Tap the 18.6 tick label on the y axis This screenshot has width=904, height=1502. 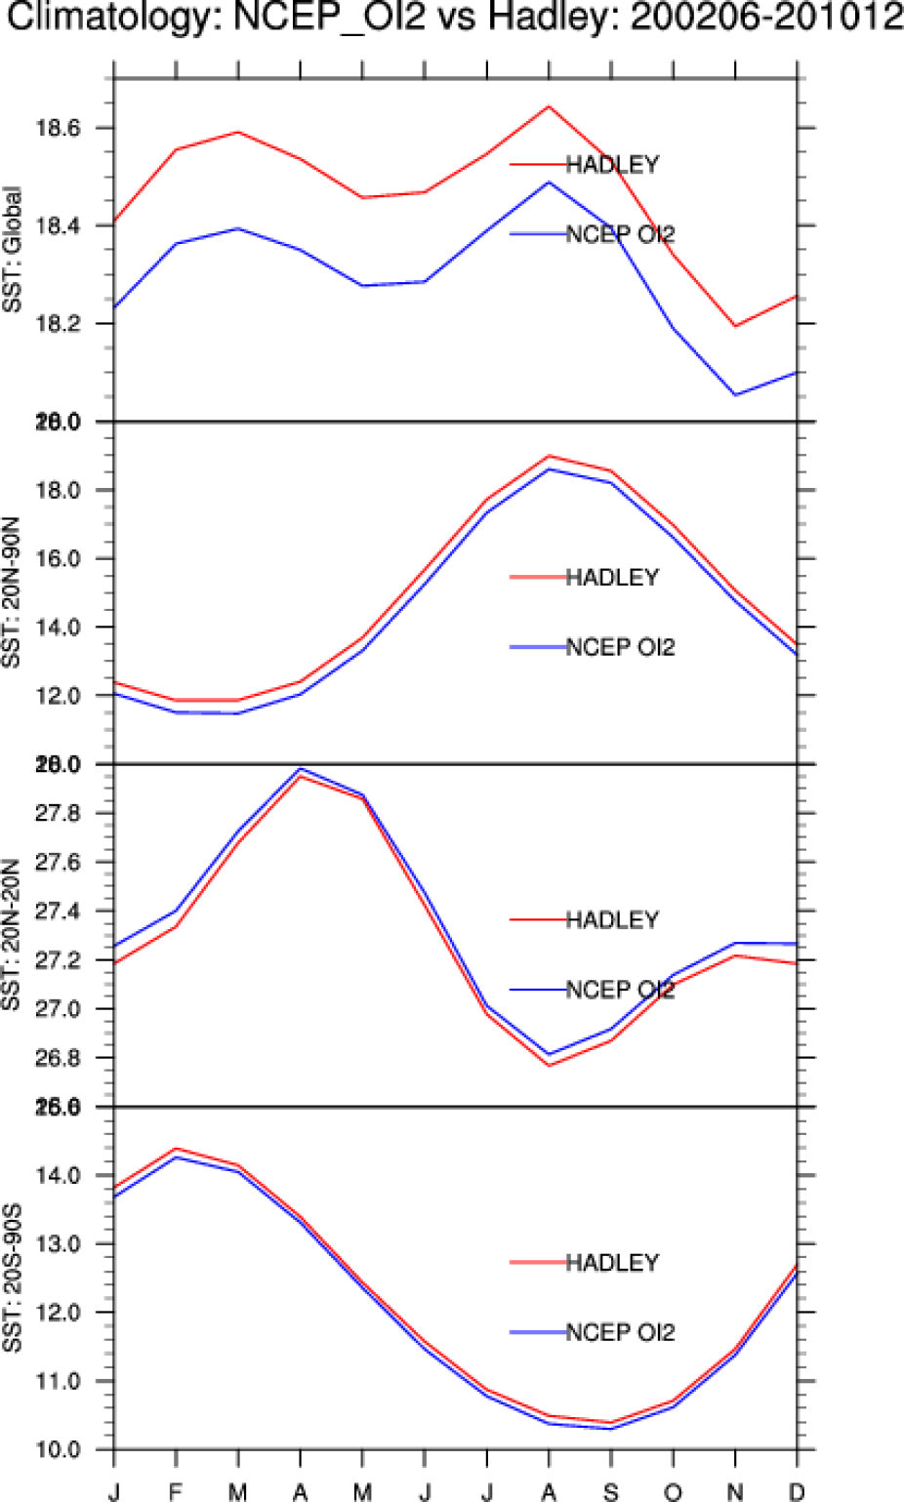pyautogui.click(x=58, y=128)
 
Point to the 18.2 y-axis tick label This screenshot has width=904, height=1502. pyautogui.click(x=58, y=324)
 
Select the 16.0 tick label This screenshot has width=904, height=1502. pyautogui.click(x=58, y=559)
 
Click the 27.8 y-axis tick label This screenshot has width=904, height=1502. pyautogui.click(x=58, y=814)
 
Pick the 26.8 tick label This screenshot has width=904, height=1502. pyautogui.click(x=58, y=1059)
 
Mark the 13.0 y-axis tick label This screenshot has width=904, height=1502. pyautogui.click(x=58, y=1244)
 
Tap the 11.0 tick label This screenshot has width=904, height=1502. pyautogui.click(x=58, y=1382)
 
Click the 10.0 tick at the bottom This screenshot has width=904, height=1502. pyautogui.click(x=58, y=1450)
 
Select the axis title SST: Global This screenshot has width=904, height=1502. pyautogui.click(x=13, y=250)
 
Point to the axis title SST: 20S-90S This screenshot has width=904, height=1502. pyautogui.click(x=13, y=1278)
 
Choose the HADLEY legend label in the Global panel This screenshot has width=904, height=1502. pyautogui.click(x=612, y=165)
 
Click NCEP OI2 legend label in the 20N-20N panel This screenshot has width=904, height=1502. pyautogui.click(x=620, y=991)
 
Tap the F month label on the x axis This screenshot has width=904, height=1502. pyautogui.click(x=176, y=1490)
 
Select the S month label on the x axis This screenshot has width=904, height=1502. pyautogui.click(x=611, y=1490)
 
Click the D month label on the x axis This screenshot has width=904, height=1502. pyautogui.click(x=797, y=1490)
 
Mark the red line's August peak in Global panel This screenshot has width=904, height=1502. pyautogui.click(x=550, y=105)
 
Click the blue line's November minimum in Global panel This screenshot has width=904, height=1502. pyautogui.click(x=735, y=395)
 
